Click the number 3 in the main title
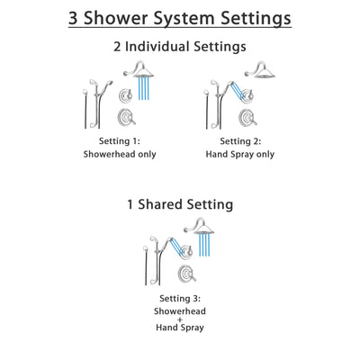point(74,18)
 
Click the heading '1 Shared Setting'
point(180,204)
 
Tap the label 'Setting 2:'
point(239,140)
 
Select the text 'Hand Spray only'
point(239,154)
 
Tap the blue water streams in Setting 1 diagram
point(142,90)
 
